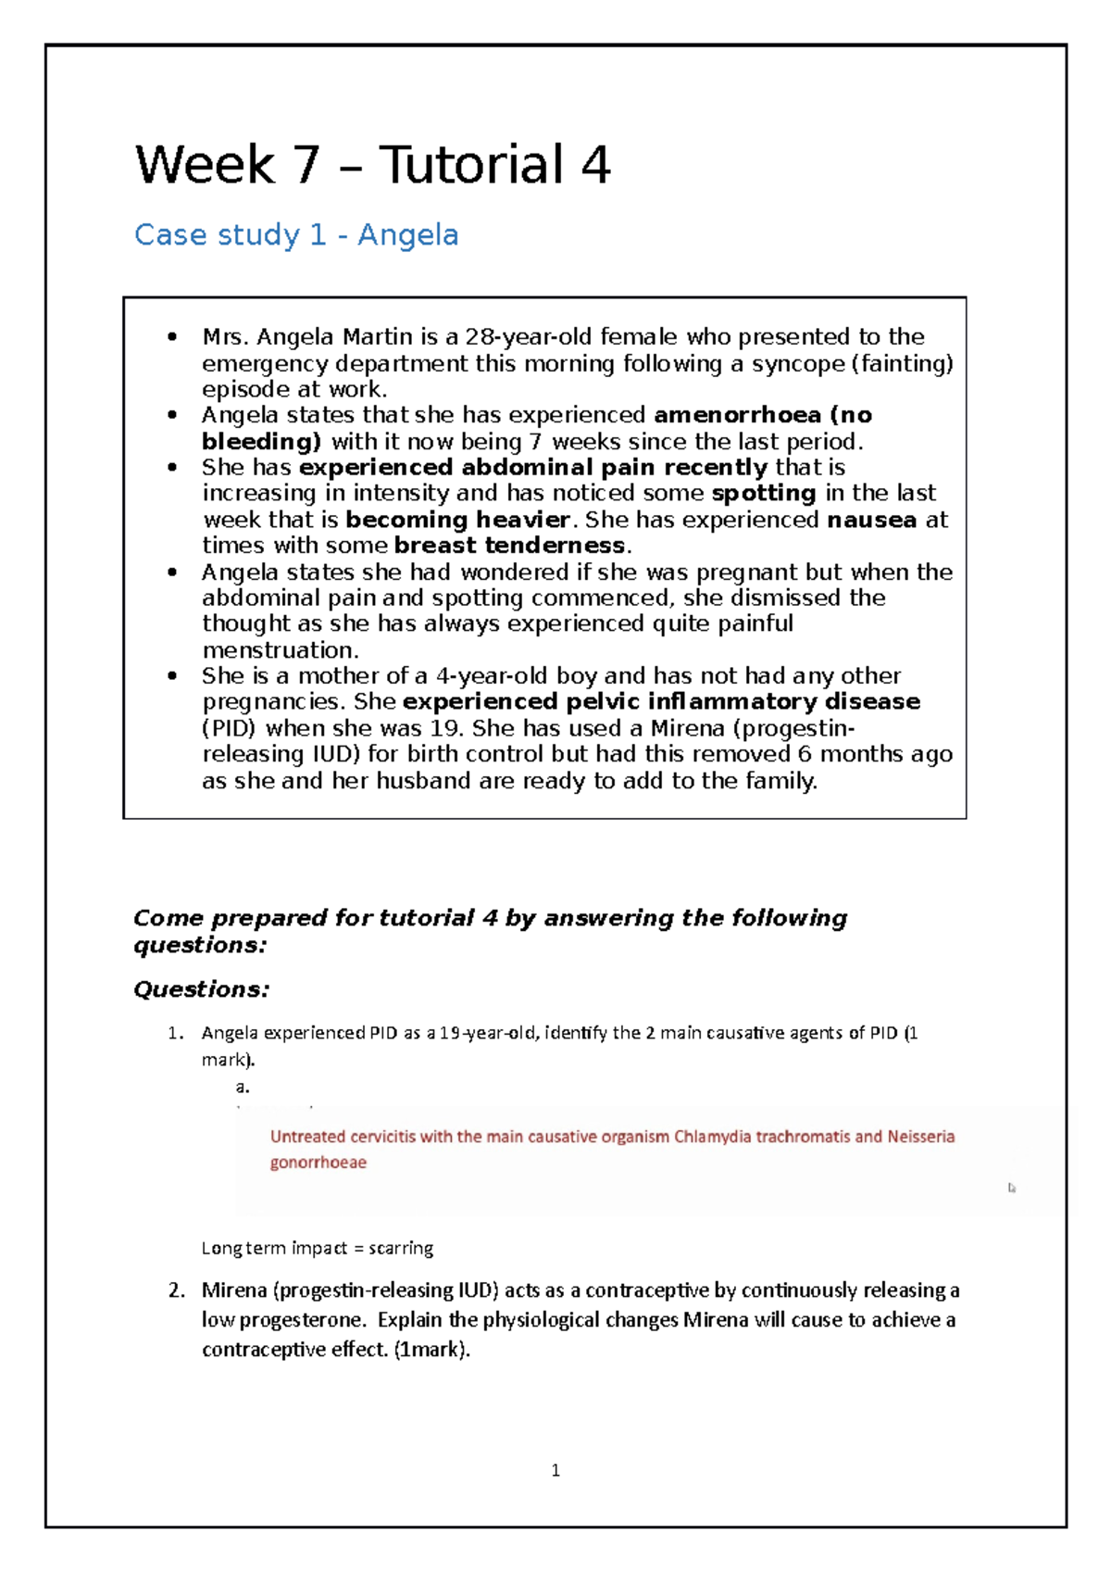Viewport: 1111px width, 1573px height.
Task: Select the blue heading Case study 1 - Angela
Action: pos(296,235)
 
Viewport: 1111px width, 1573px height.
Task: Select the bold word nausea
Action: pos(871,520)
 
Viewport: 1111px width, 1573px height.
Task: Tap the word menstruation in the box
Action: pos(280,650)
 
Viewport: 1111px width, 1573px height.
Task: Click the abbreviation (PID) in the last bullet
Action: pos(229,728)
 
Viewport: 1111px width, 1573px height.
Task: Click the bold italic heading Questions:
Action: pos(201,989)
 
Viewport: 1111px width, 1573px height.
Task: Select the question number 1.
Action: pos(175,1033)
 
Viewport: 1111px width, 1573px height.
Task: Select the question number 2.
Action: pos(176,1290)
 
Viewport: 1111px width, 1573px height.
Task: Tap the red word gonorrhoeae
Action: pos(318,1163)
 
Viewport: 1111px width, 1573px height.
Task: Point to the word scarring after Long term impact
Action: pos(400,1248)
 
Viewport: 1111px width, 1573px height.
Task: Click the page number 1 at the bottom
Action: pos(555,1470)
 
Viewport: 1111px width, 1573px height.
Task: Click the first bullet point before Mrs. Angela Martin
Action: pos(172,337)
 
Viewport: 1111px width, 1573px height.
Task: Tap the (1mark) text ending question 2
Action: pos(431,1350)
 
